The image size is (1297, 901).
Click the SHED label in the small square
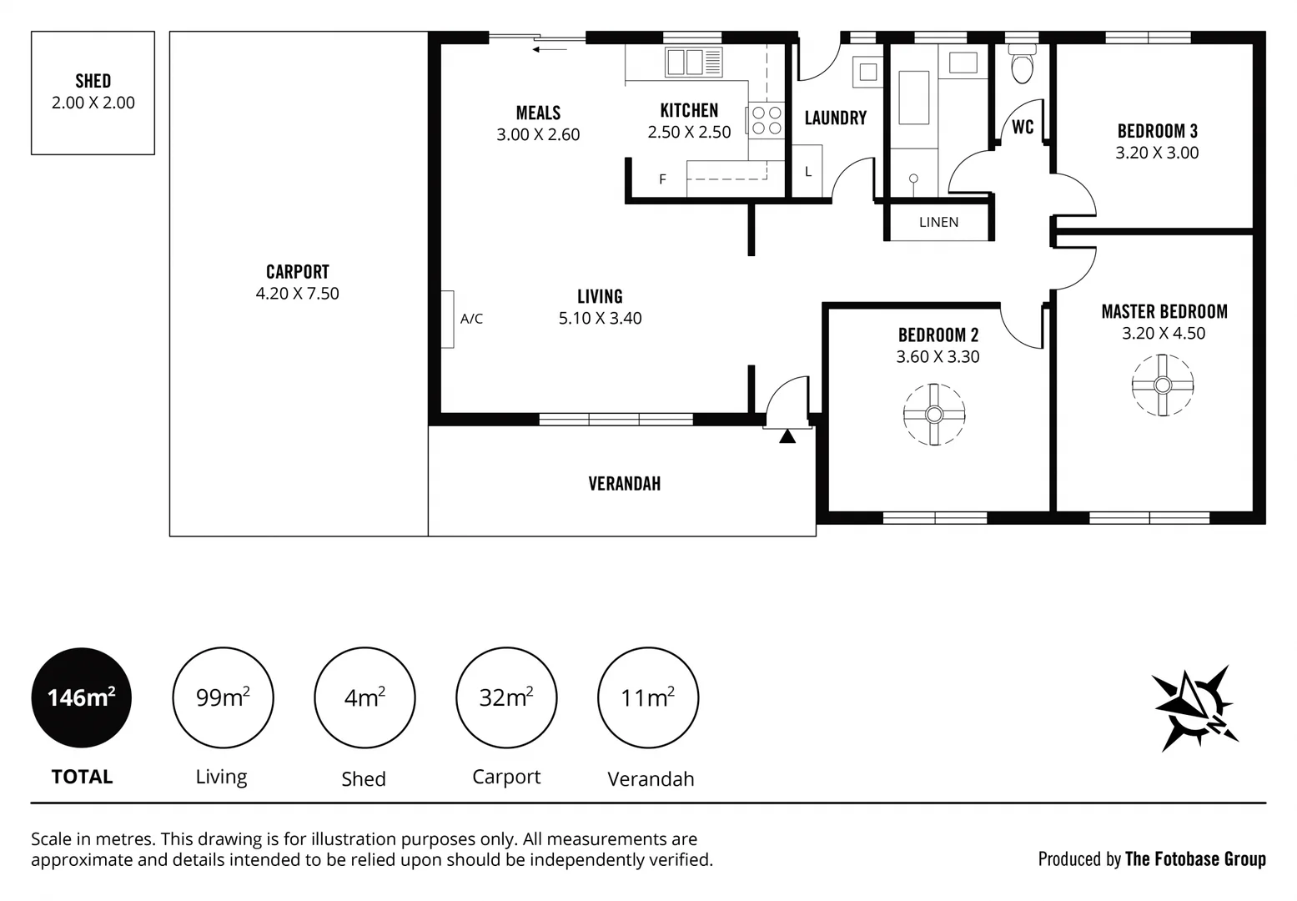[93, 81]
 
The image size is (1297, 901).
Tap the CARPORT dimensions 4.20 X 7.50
[297, 294]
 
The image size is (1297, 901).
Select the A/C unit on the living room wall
[448, 319]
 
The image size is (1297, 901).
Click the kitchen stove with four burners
[767, 120]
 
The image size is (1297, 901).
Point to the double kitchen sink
[693, 62]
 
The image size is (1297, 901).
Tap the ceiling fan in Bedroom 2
[933, 415]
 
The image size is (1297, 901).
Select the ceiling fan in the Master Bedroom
[1162, 385]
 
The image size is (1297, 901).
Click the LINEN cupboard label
[938, 222]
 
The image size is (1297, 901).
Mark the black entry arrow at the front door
[787, 435]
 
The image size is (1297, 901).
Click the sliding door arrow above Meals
[550, 49]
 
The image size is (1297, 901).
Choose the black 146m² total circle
[81, 697]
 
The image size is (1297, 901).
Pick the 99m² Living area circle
[223, 697]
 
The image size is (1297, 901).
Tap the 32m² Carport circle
[506, 697]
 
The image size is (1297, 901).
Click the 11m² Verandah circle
[648, 697]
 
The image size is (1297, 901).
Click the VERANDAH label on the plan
[624, 484]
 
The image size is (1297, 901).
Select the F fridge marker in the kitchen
[662, 179]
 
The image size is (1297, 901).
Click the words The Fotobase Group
[1194, 858]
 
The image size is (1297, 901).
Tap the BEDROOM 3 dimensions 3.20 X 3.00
[1157, 153]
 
